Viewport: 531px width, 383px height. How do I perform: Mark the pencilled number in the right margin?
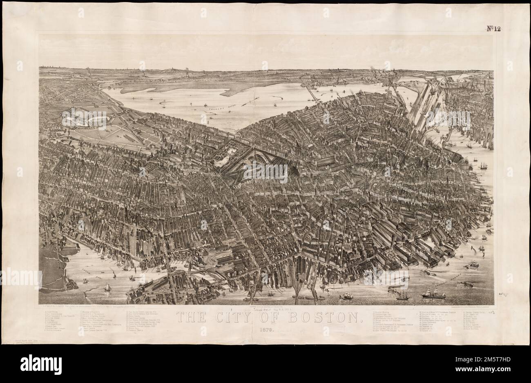pyautogui.click(x=501, y=293)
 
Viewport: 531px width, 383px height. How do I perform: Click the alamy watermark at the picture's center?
pyautogui.click(x=265, y=171)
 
